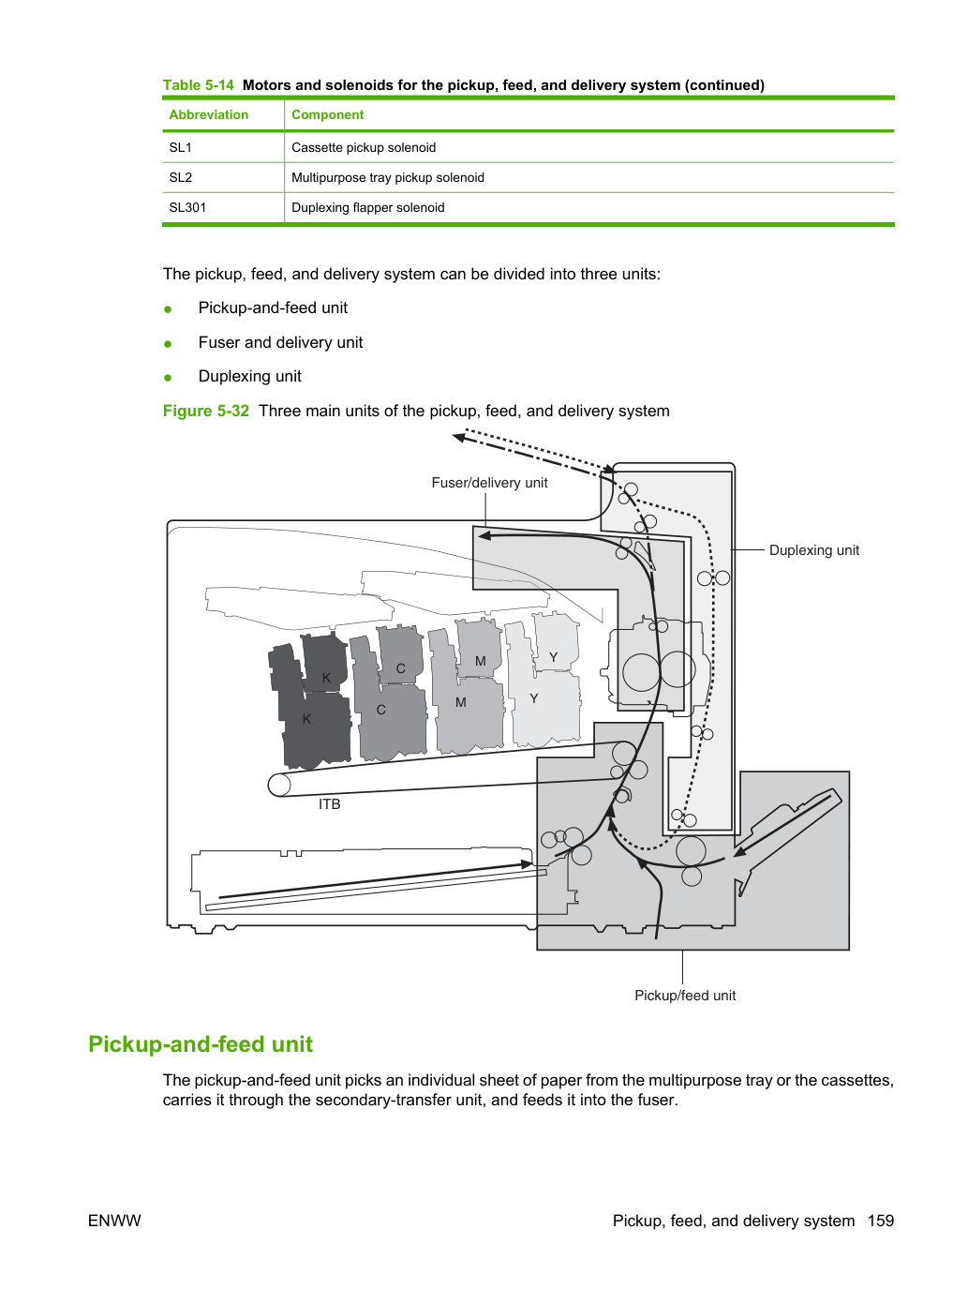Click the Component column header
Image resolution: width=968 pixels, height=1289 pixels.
coord(328,114)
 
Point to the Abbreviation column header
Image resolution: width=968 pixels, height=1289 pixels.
coord(208,114)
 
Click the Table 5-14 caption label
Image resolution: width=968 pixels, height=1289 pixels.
coord(199,85)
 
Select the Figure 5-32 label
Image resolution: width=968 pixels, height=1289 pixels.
coord(206,411)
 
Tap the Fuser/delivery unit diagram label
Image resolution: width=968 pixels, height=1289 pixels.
coord(489,483)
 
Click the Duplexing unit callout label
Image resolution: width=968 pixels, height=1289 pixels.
coord(813,550)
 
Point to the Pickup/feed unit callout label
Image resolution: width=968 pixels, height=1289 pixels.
coord(684,996)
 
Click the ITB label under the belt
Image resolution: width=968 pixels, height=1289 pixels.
coord(329,804)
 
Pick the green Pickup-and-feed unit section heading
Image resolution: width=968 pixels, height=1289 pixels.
coord(201,1044)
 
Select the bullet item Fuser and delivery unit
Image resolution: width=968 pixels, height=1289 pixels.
coord(280,342)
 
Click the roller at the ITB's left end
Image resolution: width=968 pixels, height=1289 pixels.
coord(279,785)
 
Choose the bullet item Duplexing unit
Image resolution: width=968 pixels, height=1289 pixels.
coord(249,376)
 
